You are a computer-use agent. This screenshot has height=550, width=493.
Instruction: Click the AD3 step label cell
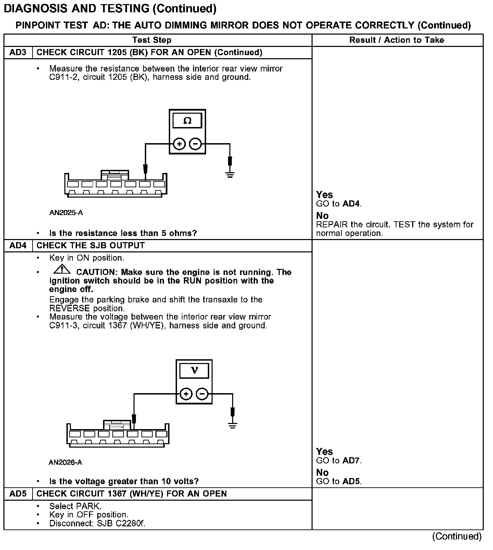click(18, 52)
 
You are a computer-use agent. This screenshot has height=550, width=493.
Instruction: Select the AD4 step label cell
click(18, 246)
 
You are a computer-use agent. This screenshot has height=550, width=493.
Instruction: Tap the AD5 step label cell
click(18, 493)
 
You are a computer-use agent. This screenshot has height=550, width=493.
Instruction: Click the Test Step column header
click(152, 40)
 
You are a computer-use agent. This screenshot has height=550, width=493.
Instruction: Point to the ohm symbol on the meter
click(187, 121)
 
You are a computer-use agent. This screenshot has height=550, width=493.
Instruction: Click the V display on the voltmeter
click(194, 371)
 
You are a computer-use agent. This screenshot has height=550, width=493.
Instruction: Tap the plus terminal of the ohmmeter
click(179, 144)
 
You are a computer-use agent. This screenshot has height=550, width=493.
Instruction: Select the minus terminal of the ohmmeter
click(195, 144)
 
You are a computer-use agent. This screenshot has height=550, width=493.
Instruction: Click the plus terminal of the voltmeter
click(186, 394)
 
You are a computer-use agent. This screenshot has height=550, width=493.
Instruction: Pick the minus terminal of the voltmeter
click(202, 394)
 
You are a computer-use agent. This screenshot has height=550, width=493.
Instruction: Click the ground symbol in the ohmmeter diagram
click(230, 175)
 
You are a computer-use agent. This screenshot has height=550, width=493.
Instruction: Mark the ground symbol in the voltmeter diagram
click(232, 425)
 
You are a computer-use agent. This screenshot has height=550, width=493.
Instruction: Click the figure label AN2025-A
click(66, 213)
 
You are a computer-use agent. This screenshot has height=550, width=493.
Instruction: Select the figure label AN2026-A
click(65, 463)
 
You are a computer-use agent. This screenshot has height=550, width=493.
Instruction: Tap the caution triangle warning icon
click(62, 270)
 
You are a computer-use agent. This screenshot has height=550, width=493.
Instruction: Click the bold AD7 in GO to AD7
click(351, 461)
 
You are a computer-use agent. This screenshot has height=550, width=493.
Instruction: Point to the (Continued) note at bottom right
click(457, 536)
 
